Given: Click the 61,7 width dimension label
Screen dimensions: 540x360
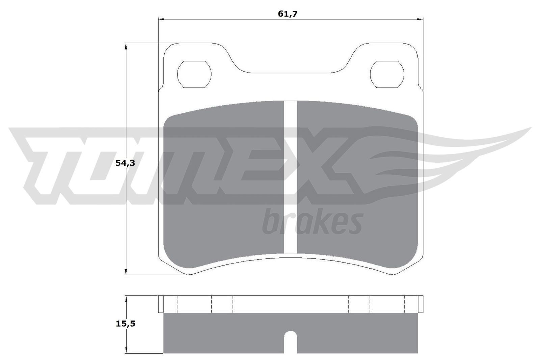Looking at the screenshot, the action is pyautogui.click(x=288, y=14).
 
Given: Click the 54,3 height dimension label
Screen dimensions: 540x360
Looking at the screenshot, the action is pyautogui.click(x=125, y=163).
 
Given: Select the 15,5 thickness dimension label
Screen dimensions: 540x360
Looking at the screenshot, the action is pyautogui.click(x=125, y=324).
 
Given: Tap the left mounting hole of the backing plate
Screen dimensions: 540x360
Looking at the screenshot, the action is pyautogui.click(x=194, y=75).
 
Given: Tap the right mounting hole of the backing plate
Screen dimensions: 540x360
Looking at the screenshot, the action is pyautogui.click(x=387, y=75).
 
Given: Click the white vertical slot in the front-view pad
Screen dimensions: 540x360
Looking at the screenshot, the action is pyautogui.click(x=291, y=177).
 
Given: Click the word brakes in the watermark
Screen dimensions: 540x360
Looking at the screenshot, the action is pyautogui.click(x=313, y=222).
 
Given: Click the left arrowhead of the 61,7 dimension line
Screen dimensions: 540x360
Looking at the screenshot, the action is pyautogui.click(x=161, y=19).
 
